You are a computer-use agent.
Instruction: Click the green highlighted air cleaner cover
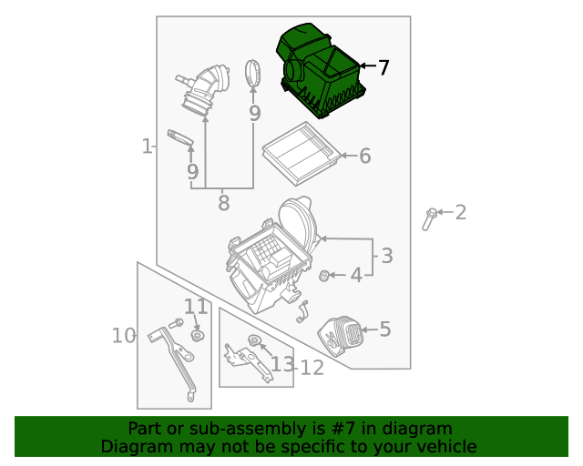tap(321, 71)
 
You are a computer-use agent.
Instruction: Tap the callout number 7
tap(384, 67)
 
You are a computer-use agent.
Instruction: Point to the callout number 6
tap(364, 157)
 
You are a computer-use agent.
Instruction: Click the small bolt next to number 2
tap(429, 218)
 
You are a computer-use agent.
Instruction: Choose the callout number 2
tap(460, 213)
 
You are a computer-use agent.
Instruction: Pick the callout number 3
tap(386, 256)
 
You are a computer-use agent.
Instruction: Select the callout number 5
tap(384, 329)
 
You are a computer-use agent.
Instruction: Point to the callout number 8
tap(223, 203)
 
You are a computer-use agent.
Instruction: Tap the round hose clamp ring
tap(254, 74)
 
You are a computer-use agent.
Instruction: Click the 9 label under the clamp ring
tap(254, 114)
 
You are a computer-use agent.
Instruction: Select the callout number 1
tap(146, 146)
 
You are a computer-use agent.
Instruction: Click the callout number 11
tap(196, 307)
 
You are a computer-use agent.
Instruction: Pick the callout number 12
tap(312, 368)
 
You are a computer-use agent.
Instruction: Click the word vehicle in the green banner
tap(444, 447)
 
